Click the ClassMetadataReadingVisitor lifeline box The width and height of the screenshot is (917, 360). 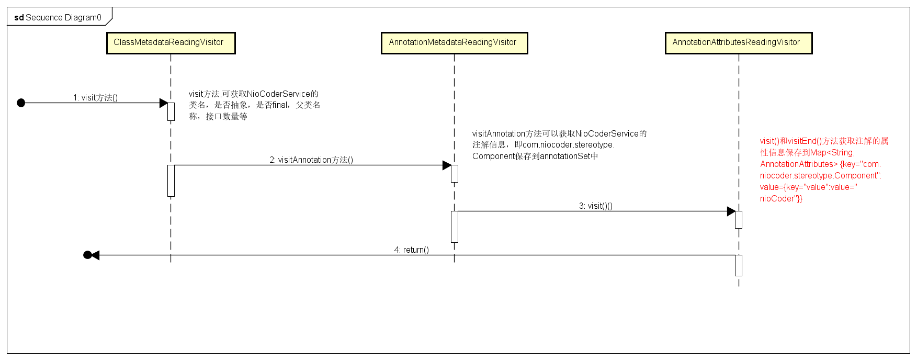pyautogui.click(x=171, y=43)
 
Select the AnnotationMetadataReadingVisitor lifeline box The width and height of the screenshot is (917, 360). pyautogui.click(x=454, y=43)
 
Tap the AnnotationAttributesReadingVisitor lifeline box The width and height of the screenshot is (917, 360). pyautogui.click(x=738, y=43)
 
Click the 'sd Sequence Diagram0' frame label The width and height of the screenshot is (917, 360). pyautogui.click(x=58, y=17)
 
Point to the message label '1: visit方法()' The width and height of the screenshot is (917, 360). pyautogui.click(x=95, y=97)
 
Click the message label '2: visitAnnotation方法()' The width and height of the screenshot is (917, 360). pyautogui.click(x=311, y=160)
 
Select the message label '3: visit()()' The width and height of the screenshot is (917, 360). pyautogui.click(x=595, y=206)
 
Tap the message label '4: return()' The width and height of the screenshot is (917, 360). pyautogui.click(x=411, y=250)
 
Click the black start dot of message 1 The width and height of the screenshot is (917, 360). pyautogui.click(x=21, y=103)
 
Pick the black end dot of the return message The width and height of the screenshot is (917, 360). pyautogui.click(x=87, y=255)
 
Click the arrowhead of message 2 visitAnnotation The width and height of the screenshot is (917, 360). pyautogui.click(x=447, y=165)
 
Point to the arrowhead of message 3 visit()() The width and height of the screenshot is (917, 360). pyautogui.click(x=731, y=211)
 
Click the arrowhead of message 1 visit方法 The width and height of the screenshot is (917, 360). pyautogui.click(x=163, y=103)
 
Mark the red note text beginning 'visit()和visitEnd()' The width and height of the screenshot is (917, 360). pyautogui.click(x=824, y=141)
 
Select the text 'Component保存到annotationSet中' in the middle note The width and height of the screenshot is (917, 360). pyautogui.click(x=535, y=156)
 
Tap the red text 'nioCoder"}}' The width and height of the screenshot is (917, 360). pyautogui.click(x=781, y=198)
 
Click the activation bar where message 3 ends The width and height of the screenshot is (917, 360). pyautogui.click(x=738, y=220)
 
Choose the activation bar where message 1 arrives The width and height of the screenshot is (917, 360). pyautogui.click(x=171, y=111)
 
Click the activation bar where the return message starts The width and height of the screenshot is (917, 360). pyautogui.click(x=738, y=265)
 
